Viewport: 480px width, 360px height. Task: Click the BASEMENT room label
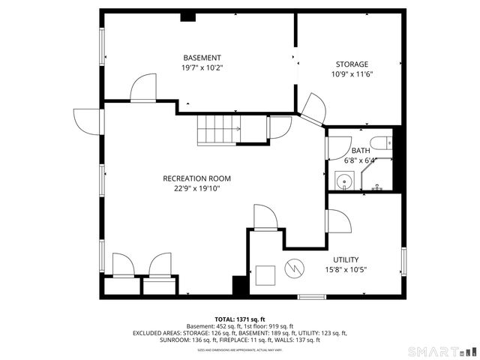(202, 58)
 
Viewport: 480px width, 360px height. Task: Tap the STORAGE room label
(352, 64)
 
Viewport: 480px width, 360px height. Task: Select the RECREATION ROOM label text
(196, 178)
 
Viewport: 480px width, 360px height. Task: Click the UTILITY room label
(346, 259)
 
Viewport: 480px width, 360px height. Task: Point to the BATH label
(360, 151)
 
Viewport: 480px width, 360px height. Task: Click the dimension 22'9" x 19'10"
(196, 189)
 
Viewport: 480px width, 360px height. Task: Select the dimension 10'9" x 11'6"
(352, 74)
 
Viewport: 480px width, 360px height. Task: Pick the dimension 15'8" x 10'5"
(346, 269)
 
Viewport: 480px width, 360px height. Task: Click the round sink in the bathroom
(344, 181)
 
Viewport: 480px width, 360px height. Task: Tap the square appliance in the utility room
(265, 275)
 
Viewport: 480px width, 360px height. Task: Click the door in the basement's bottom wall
(142, 90)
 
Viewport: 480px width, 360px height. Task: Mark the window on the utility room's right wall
(403, 259)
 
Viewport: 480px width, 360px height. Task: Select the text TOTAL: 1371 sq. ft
(239, 319)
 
